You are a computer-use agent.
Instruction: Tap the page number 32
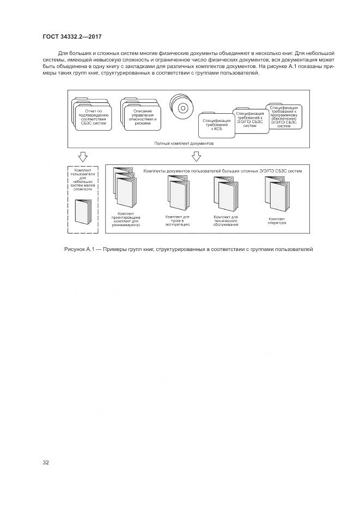(46, 463)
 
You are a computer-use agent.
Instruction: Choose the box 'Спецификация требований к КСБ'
(216, 124)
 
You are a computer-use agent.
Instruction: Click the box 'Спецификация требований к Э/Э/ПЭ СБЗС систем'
(250, 119)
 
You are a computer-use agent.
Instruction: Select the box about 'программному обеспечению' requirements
(283, 116)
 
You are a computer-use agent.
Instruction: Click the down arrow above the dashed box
(83, 156)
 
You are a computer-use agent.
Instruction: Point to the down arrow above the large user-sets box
(196, 156)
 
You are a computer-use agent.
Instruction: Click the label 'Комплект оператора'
(277, 220)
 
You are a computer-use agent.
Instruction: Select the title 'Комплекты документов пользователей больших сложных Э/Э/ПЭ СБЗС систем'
(222, 170)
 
